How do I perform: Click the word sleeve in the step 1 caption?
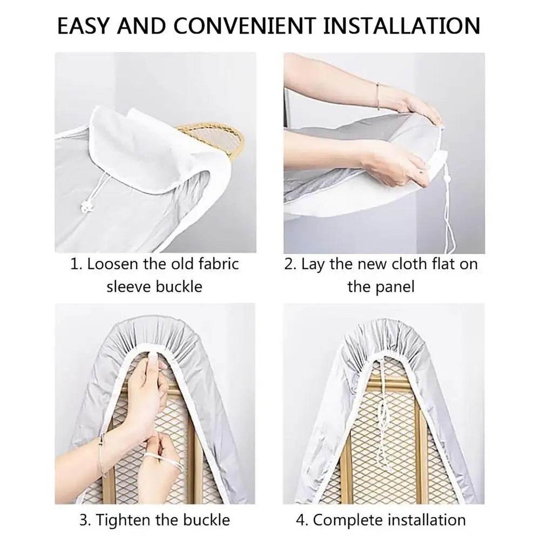[x=130, y=286]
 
